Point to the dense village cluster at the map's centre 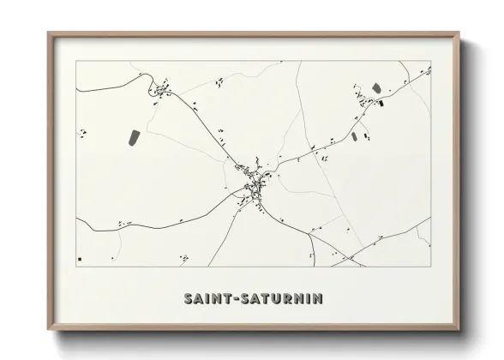pyautogui.click(x=254, y=182)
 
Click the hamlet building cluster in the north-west pyautogui.click(x=161, y=88)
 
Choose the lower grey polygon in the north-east pyautogui.click(x=355, y=135)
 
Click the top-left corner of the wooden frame pyautogui.click(x=48, y=33)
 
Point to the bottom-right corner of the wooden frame pyautogui.click(x=461, y=329)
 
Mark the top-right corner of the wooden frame pyautogui.click(x=461, y=33)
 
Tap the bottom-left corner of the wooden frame pyautogui.click(x=48, y=329)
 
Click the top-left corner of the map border pyautogui.click(x=76, y=61)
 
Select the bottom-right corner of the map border pyautogui.click(x=430, y=267)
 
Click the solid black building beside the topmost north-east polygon pyautogui.click(x=381, y=104)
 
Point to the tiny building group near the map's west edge pyautogui.click(x=83, y=132)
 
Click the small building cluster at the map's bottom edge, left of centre pyautogui.click(x=183, y=257)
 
